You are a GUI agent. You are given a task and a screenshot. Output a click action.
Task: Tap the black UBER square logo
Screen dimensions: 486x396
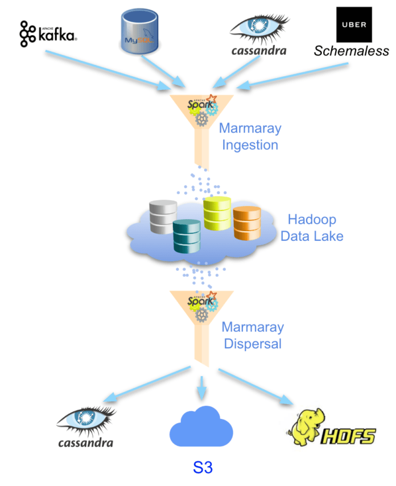[354, 24]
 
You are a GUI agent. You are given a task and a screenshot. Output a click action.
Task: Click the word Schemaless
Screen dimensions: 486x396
[352, 51]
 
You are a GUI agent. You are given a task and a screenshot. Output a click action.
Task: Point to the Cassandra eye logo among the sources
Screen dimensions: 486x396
[258, 33]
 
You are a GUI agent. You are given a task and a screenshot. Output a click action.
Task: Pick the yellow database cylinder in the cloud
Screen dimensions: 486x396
[217, 213]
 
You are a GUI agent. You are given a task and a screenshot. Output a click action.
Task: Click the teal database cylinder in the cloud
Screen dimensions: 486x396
[187, 236]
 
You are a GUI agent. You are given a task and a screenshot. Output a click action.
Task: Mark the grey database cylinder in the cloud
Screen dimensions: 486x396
[163, 216]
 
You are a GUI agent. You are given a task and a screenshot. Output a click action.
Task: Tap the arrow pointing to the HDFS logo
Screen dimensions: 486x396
[255, 387]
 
